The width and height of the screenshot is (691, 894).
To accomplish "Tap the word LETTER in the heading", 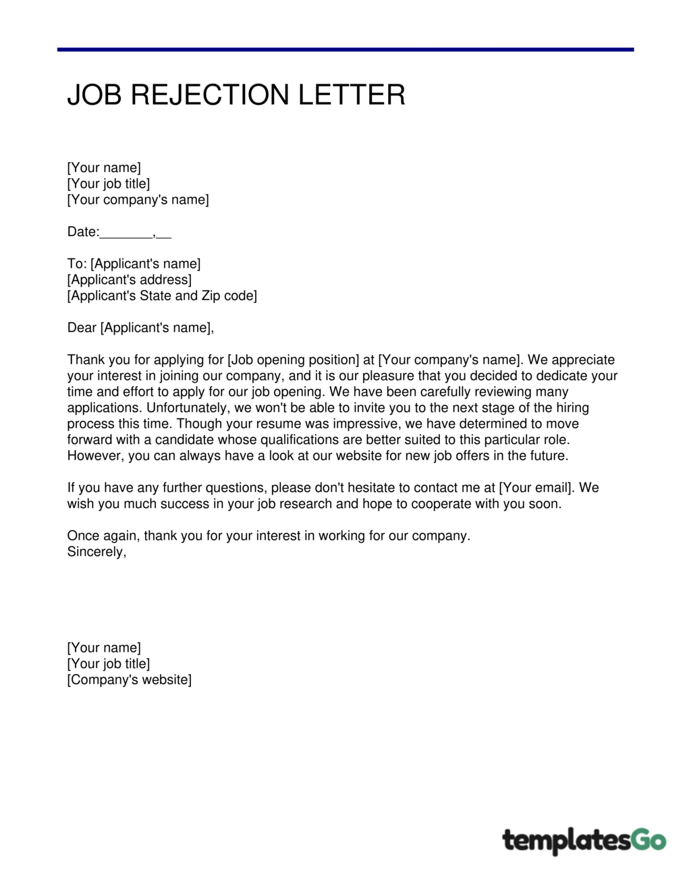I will pos(352,95).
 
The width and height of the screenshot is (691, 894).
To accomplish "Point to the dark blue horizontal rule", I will pos(345,49).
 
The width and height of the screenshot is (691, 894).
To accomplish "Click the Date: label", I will pos(83,232).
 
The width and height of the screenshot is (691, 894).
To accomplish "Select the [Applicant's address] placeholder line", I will pos(130,280).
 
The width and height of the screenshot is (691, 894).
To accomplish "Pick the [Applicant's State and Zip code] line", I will pos(162,296).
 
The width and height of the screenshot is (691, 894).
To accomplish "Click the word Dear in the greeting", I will pos(82,328).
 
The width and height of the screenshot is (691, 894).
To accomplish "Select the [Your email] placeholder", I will pos(536,488).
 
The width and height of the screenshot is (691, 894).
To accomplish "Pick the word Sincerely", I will pos(96,552).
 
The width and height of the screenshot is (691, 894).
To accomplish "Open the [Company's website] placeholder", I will pos(130,680).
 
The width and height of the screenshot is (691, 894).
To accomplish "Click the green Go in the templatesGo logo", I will pos(648,840).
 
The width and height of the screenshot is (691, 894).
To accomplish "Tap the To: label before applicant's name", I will pos(77,264).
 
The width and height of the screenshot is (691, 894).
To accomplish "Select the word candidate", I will pos(184,440).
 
